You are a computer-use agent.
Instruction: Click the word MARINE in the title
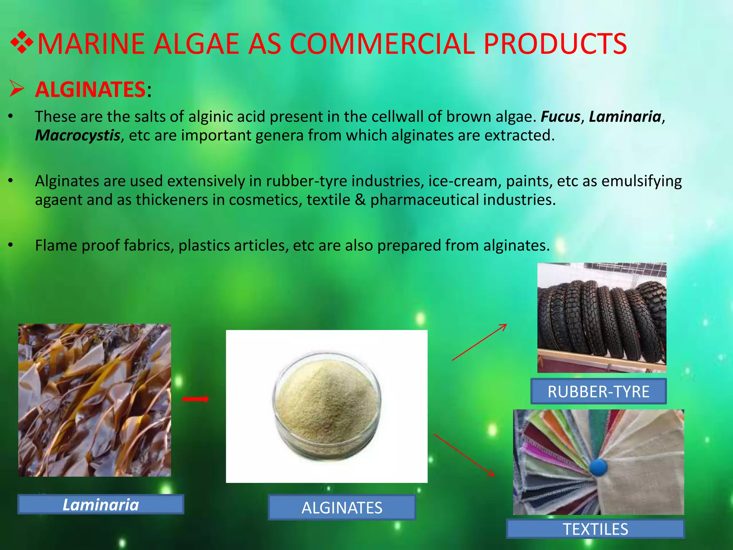click(92, 44)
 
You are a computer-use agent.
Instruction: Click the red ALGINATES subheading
click(90, 90)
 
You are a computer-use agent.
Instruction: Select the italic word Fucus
click(560, 117)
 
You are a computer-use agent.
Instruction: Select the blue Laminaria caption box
click(101, 505)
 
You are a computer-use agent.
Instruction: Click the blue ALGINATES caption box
click(342, 507)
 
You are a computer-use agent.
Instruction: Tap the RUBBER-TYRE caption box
click(598, 391)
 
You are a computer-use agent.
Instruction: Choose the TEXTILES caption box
click(596, 529)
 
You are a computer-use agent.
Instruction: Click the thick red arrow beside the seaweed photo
click(195, 399)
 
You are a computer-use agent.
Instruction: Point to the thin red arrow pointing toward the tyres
click(480, 342)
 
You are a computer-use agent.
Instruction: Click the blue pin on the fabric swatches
click(598, 467)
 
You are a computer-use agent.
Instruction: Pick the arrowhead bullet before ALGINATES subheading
click(17, 89)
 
